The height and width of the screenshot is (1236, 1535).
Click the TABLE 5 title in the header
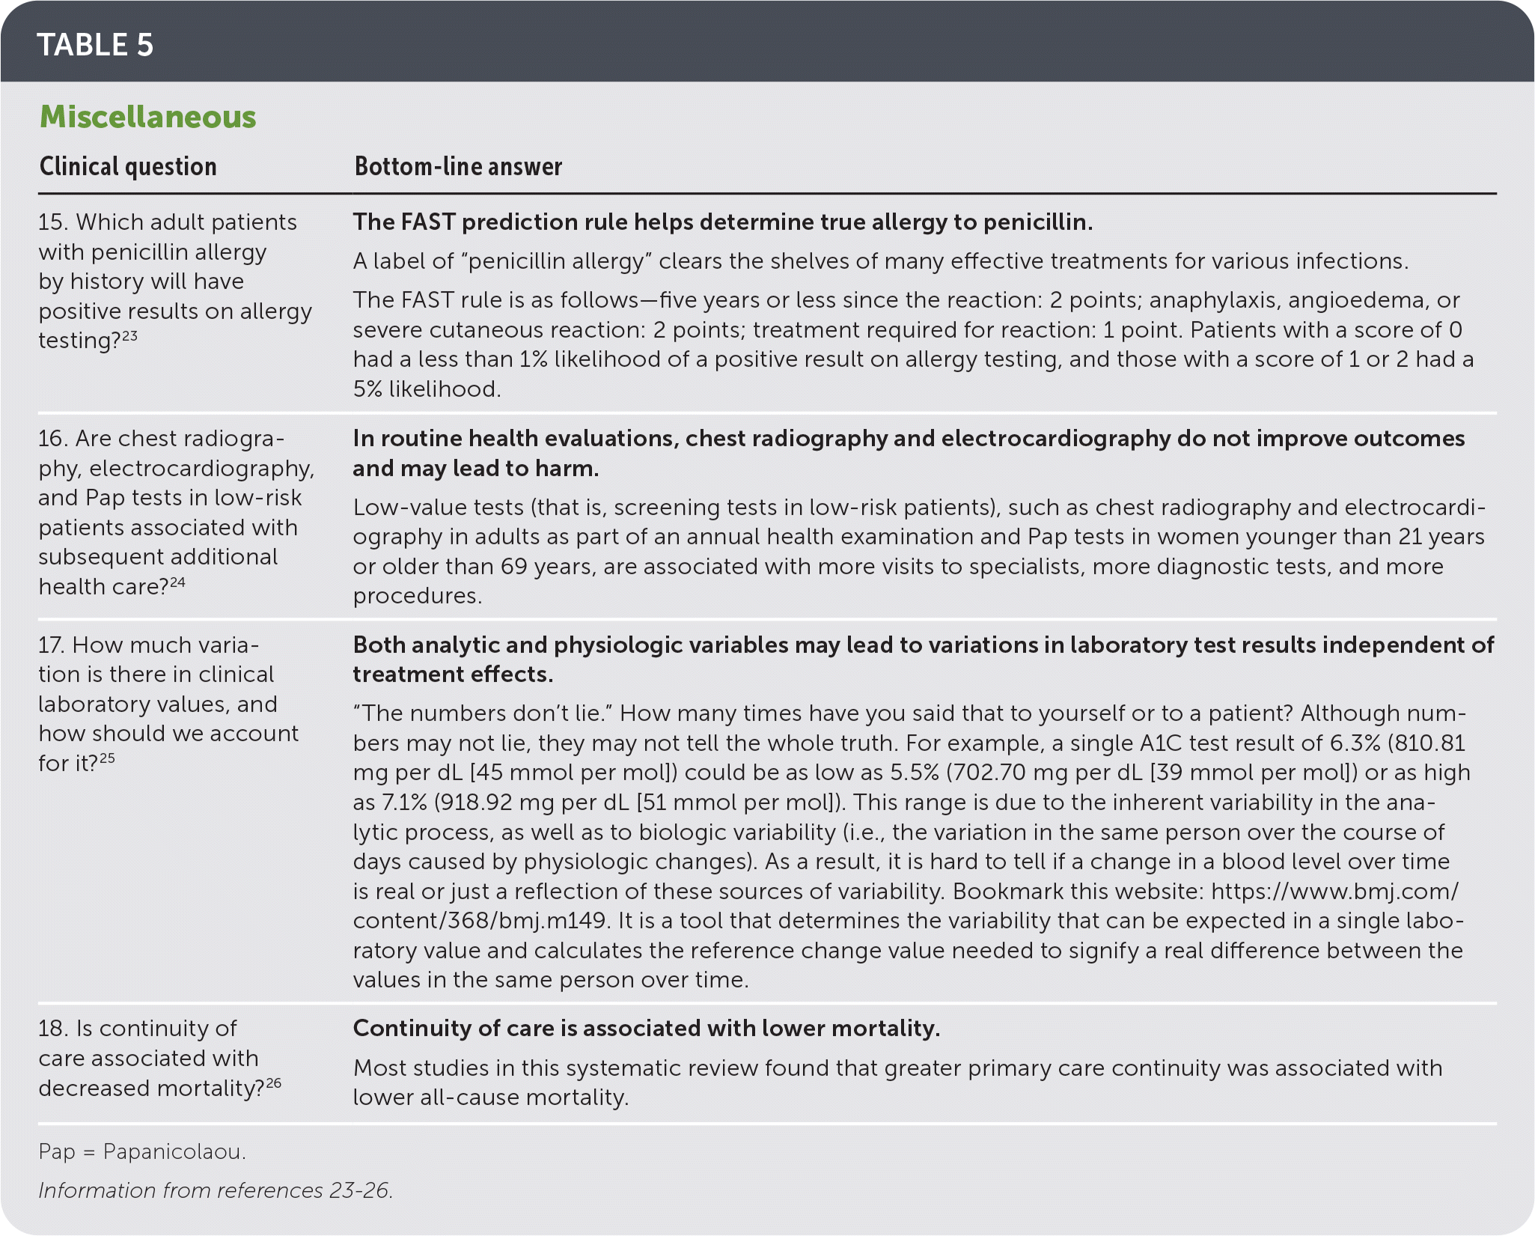(x=95, y=45)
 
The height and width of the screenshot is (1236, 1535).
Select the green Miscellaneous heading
(x=147, y=117)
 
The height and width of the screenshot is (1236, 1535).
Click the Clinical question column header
(x=128, y=166)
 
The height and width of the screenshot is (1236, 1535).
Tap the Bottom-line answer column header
(x=458, y=166)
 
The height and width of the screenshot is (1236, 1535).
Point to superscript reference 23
(x=129, y=335)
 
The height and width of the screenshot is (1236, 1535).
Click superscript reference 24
(x=177, y=582)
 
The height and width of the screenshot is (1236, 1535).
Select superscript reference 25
(x=107, y=758)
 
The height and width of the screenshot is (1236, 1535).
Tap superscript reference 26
(x=273, y=1083)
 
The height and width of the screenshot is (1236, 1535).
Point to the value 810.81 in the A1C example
(x=1430, y=743)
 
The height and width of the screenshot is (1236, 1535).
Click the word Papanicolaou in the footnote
(x=174, y=1151)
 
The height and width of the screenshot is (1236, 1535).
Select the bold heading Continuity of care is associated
(x=646, y=1029)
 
